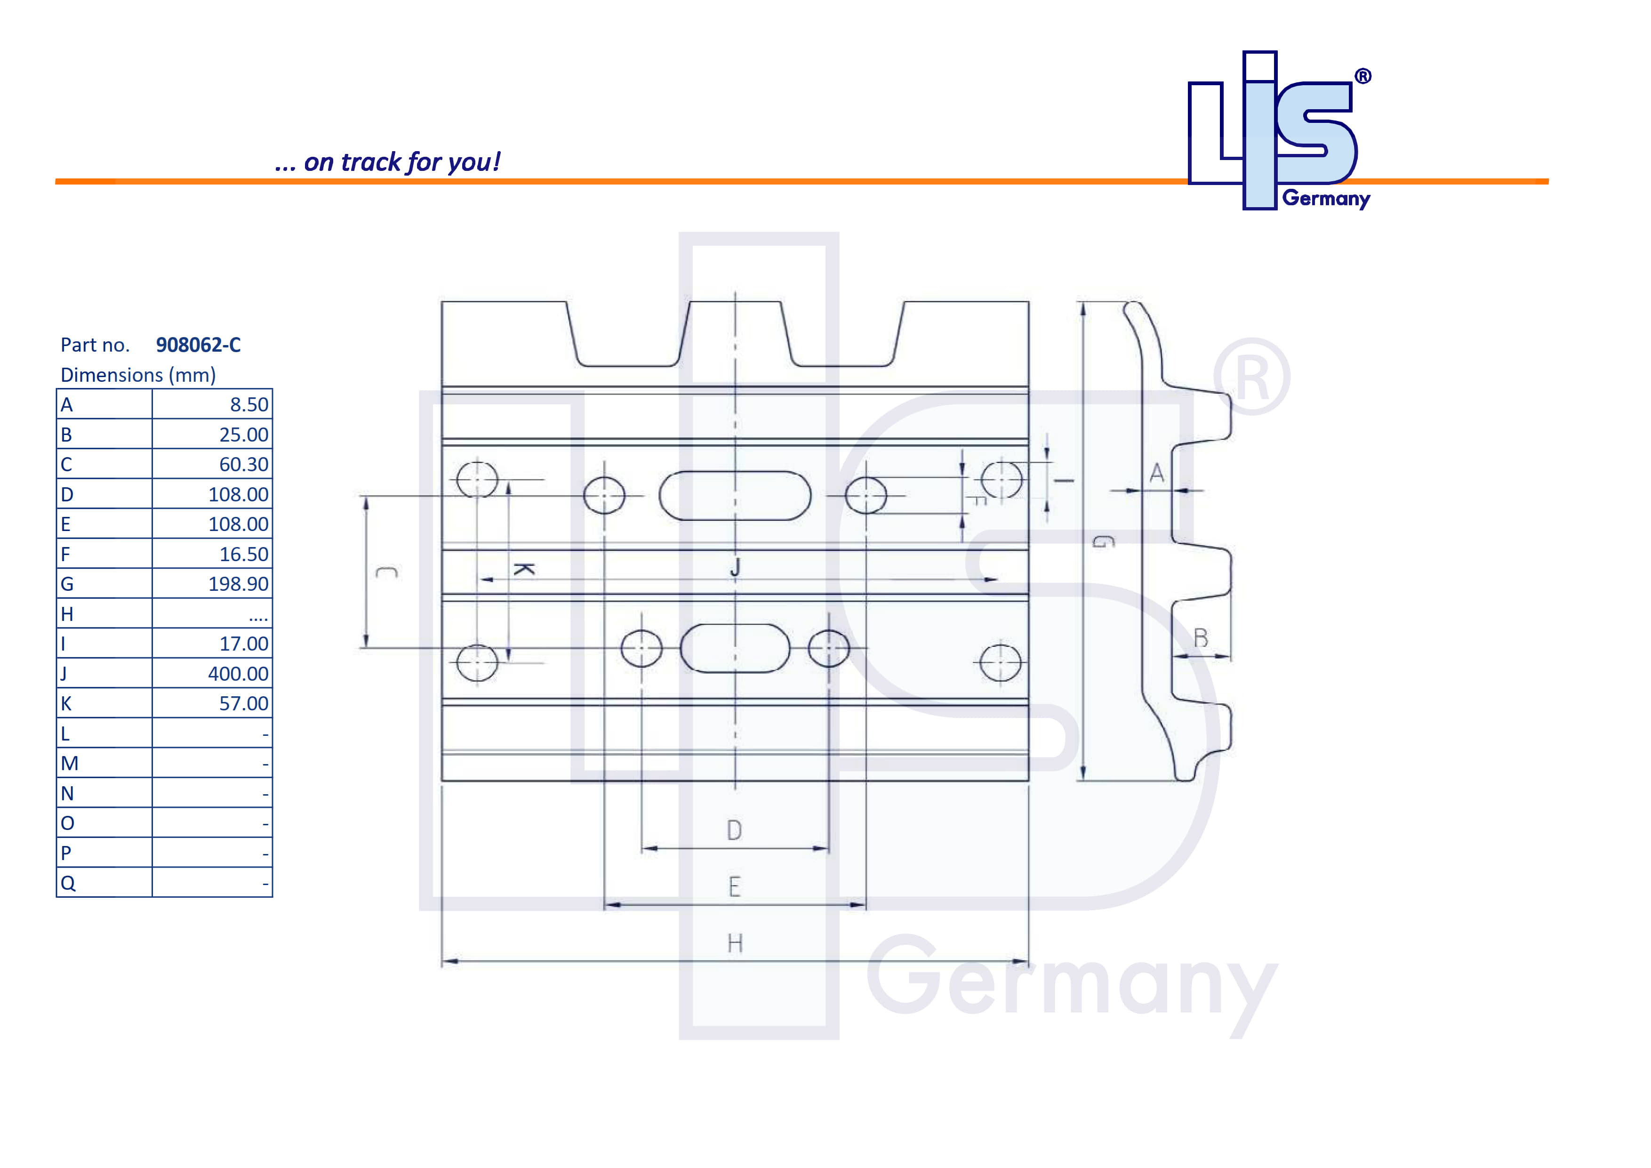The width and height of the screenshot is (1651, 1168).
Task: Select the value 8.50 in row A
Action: pyautogui.click(x=249, y=405)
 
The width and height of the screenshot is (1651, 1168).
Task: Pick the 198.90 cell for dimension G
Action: pyautogui.click(x=238, y=584)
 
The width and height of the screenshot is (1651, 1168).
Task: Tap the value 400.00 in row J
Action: pyautogui.click(x=238, y=674)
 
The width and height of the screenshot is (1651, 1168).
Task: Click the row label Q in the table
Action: pyautogui.click(x=68, y=883)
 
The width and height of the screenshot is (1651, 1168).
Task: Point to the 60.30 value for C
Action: pyautogui.click(x=244, y=465)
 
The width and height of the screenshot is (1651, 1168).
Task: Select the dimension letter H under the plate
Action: pyautogui.click(x=734, y=943)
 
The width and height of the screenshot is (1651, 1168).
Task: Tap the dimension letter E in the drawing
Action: pyautogui.click(x=734, y=887)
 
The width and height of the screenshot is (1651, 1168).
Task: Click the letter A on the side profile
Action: pyautogui.click(x=1156, y=473)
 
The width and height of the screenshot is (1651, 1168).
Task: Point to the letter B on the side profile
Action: pyautogui.click(x=1200, y=638)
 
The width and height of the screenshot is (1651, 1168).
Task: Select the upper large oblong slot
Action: pyautogui.click(x=735, y=496)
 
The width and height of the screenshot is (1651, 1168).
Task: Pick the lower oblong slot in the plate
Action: pyautogui.click(x=735, y=648)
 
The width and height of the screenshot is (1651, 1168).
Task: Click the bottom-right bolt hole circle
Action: pyautogui.click(x=1000, y=662)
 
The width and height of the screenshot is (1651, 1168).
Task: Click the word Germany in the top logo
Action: pyautogui.click(x=1325, y=199)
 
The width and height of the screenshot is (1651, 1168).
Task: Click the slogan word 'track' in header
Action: pyautogui.click(x=370, y=162)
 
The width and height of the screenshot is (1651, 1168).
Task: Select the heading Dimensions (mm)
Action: pyautogui.click(x=138, y=375)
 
